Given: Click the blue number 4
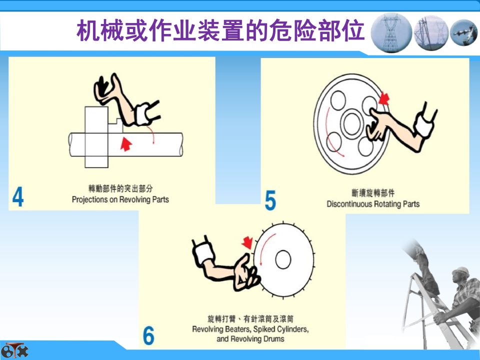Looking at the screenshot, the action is [18, 197].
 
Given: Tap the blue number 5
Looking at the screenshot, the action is [270, 200].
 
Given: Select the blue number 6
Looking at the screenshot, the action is [148, 335].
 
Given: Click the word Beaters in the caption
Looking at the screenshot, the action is [238, 329].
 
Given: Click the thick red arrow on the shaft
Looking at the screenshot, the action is [126, 144].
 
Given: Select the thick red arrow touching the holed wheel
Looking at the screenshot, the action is [383, 98].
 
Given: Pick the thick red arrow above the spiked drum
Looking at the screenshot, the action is [247, 242].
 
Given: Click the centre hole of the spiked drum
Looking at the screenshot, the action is [283, 259].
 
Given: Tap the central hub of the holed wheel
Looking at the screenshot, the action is [352, 123].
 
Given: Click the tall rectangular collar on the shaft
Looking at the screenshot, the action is [96, 137].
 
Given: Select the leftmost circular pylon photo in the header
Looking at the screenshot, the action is [391, 32].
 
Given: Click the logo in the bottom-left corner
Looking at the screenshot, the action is [14, 350].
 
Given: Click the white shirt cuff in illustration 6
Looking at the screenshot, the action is [204, 253].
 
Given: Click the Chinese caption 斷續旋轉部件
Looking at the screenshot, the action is [373, 193].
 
